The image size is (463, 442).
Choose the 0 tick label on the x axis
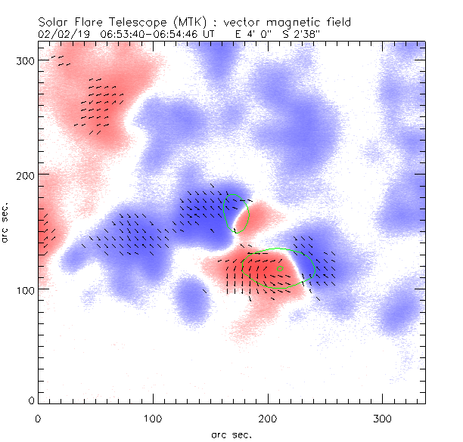tap(38, 418)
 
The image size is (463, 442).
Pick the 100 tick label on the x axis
tap(153, 418)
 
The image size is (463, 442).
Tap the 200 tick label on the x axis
tap(268, 418)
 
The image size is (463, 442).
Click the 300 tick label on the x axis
tap(383, 418)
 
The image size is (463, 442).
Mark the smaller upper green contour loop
tap(236, 213)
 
